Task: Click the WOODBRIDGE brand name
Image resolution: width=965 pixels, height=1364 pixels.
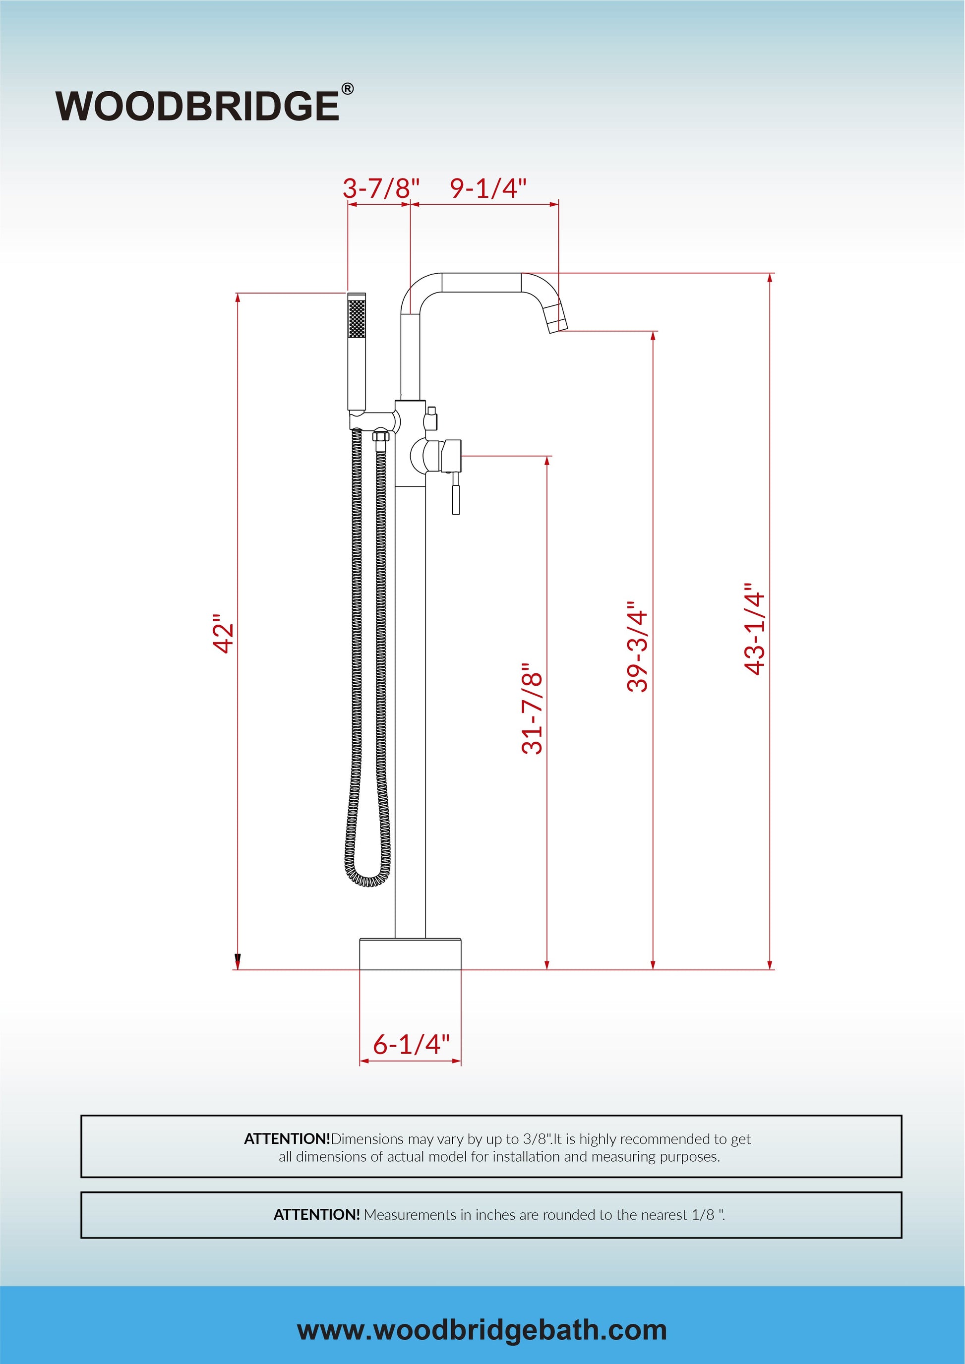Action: click(x=197, y=107)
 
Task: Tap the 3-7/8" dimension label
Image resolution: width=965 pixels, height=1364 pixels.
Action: click(x=381, y=188)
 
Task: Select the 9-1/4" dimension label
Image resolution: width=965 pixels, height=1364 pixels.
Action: click(x=488, y=188)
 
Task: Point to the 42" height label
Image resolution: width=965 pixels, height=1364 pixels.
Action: click(x=225, y=638)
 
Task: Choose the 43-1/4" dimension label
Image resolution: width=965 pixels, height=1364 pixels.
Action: click(x=755, y=629)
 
